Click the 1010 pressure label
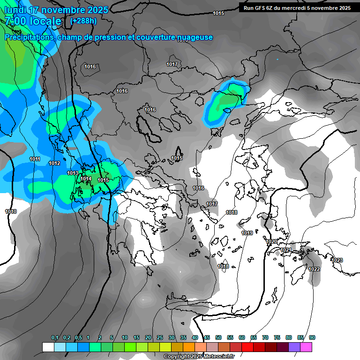pos(11,212)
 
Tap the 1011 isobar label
pos(35,159)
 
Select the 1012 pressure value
pos(54,163)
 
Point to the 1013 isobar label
pos(73,173)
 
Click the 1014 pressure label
pos(86,179)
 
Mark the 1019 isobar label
pos(247,233)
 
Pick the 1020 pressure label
pos(271,242)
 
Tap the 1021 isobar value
pos(285,250)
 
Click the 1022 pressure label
pos(314,269)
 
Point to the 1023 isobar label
pos(337,260)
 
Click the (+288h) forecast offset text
pos(83,21)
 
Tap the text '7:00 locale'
pos(33,21)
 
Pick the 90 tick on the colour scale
pos(312,337)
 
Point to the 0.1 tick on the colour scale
pos(54,337)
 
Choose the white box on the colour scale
pos(48,347)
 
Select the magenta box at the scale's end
pos(306,347)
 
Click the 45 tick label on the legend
pos(206,337)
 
